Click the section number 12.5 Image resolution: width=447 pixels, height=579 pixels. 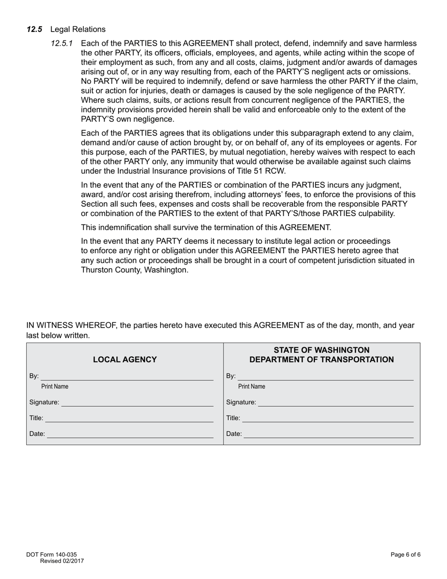tap(34, 29)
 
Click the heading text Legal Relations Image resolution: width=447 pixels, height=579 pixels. tap(78, 29)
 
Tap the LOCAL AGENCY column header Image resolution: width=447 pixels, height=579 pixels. tap(125, 360)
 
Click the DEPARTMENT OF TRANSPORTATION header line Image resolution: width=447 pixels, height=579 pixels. tap(321, 360)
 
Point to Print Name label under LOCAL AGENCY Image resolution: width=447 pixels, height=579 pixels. tap(55, 386)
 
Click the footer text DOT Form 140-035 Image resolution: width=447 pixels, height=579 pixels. tap(51, 555)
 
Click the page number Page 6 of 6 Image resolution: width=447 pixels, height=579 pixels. tap(405, 555)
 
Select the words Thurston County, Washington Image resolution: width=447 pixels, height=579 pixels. tap(134, 270)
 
